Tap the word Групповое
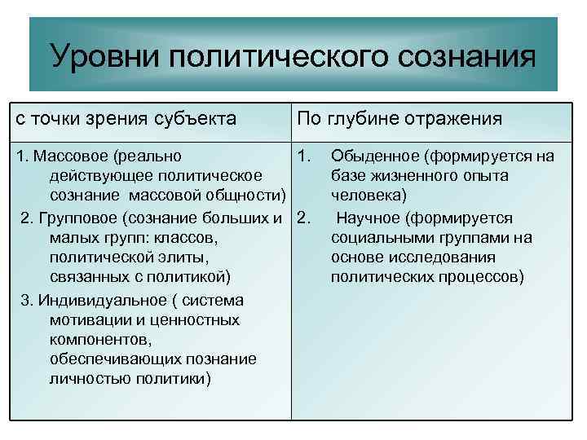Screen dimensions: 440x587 click(x=75, y=218)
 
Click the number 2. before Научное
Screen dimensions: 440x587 click(x=305, y=218)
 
